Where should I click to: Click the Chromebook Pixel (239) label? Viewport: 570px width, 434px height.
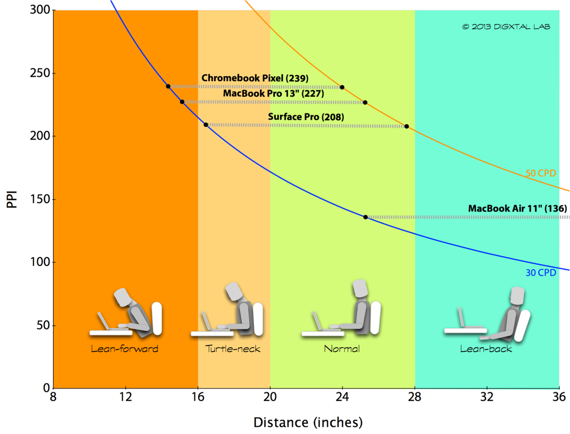[254, 78]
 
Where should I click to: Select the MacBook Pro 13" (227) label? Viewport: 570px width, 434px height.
[273, 93]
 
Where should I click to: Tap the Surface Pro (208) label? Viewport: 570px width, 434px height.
[306, 117]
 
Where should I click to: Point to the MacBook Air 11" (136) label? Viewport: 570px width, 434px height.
[517, 209]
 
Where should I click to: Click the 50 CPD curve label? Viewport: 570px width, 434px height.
[540, 173]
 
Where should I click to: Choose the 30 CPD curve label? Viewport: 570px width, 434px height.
[540, 273]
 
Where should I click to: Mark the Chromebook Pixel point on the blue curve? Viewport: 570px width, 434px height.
[168, 86]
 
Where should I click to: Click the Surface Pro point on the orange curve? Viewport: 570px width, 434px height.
[406, 127]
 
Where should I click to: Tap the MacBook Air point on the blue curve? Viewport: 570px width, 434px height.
[366, 217]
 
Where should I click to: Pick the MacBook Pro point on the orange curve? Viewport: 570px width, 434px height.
[365, 102]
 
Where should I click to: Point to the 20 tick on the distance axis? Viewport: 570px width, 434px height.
[270, 397]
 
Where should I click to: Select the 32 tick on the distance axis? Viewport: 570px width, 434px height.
[487, 397]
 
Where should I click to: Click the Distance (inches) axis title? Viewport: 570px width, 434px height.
[308, 422]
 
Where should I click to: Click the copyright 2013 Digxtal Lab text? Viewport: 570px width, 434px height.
[506, 26]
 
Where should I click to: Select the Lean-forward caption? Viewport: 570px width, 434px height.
[125, 349]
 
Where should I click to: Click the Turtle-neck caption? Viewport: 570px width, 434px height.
[233, 349]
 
